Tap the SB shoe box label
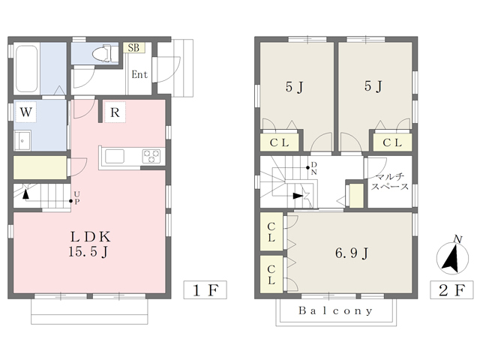pos(133,48)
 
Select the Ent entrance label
pos(139,74)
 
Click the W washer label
pos(25,112)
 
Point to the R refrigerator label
pos(115,113)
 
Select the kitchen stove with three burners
pos(152,156)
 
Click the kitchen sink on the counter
pos(116,156)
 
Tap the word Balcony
pos(335,310)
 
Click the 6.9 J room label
pos(350,253)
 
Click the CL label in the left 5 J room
pos(280,142)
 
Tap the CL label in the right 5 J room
pos(391,142)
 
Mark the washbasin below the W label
pos(22,139)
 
